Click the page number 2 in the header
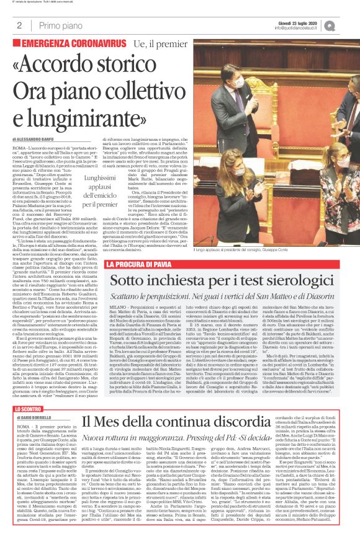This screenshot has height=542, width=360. point(19,26)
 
